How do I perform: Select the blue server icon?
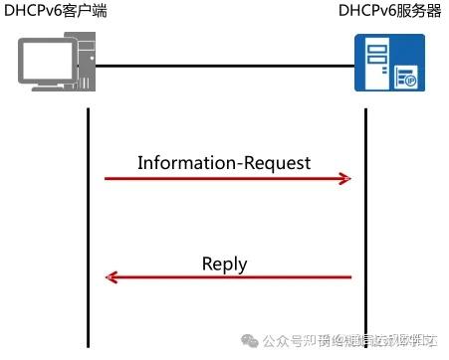389,63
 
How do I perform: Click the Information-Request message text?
224,162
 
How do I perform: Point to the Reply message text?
224,264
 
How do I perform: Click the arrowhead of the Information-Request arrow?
345,179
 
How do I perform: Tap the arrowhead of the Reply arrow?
113,278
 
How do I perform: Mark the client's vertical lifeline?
88,219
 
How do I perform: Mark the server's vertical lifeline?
364,219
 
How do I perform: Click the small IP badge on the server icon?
408,77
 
